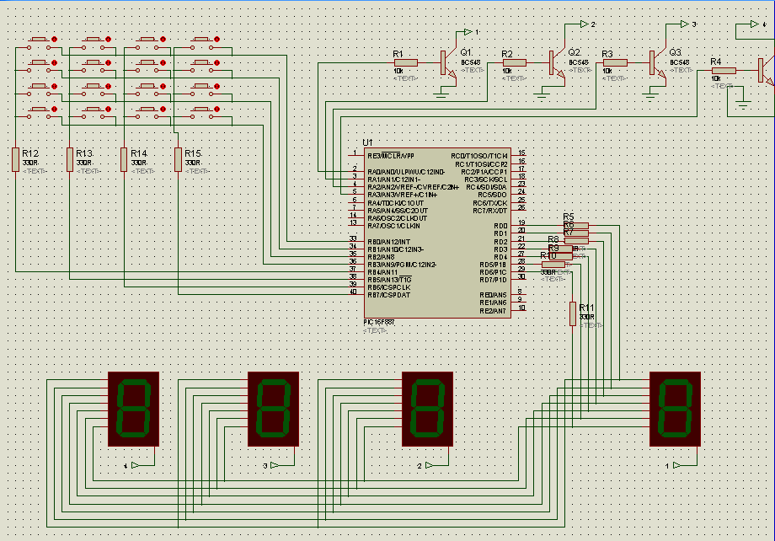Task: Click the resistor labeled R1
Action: [x=407, y=62]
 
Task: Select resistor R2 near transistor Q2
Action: [x=514, y=62]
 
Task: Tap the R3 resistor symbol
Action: [x=615, y=62]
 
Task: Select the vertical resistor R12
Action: [x=15, y=158]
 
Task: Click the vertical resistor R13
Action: [x=69, y=158]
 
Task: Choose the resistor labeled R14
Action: [x=124, y=158]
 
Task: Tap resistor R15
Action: [x=178, y=158]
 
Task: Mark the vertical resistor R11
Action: [x=573, y=313]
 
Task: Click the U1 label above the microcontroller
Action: [x=366, y=142]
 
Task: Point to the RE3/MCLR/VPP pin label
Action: [x=391, y=156]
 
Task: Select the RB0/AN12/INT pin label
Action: [x=388, y=242]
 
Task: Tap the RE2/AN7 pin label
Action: [x=493, y=310]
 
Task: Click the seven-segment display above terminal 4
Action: [x=134, y=409]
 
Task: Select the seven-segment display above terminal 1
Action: [x=675, y=409]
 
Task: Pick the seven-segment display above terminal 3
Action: [x=273, y=409]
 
